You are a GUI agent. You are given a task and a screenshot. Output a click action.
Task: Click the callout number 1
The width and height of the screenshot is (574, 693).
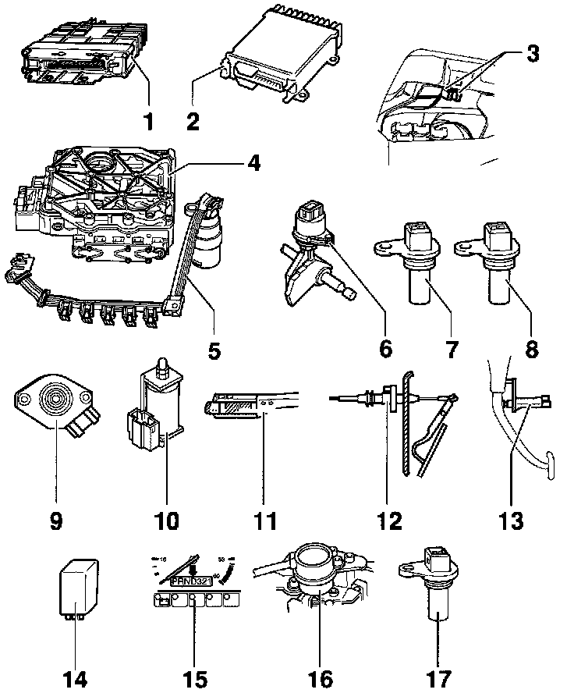(x=149, y=122)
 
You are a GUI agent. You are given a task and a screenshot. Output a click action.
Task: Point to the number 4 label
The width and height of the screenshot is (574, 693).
(x=253, y=165)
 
